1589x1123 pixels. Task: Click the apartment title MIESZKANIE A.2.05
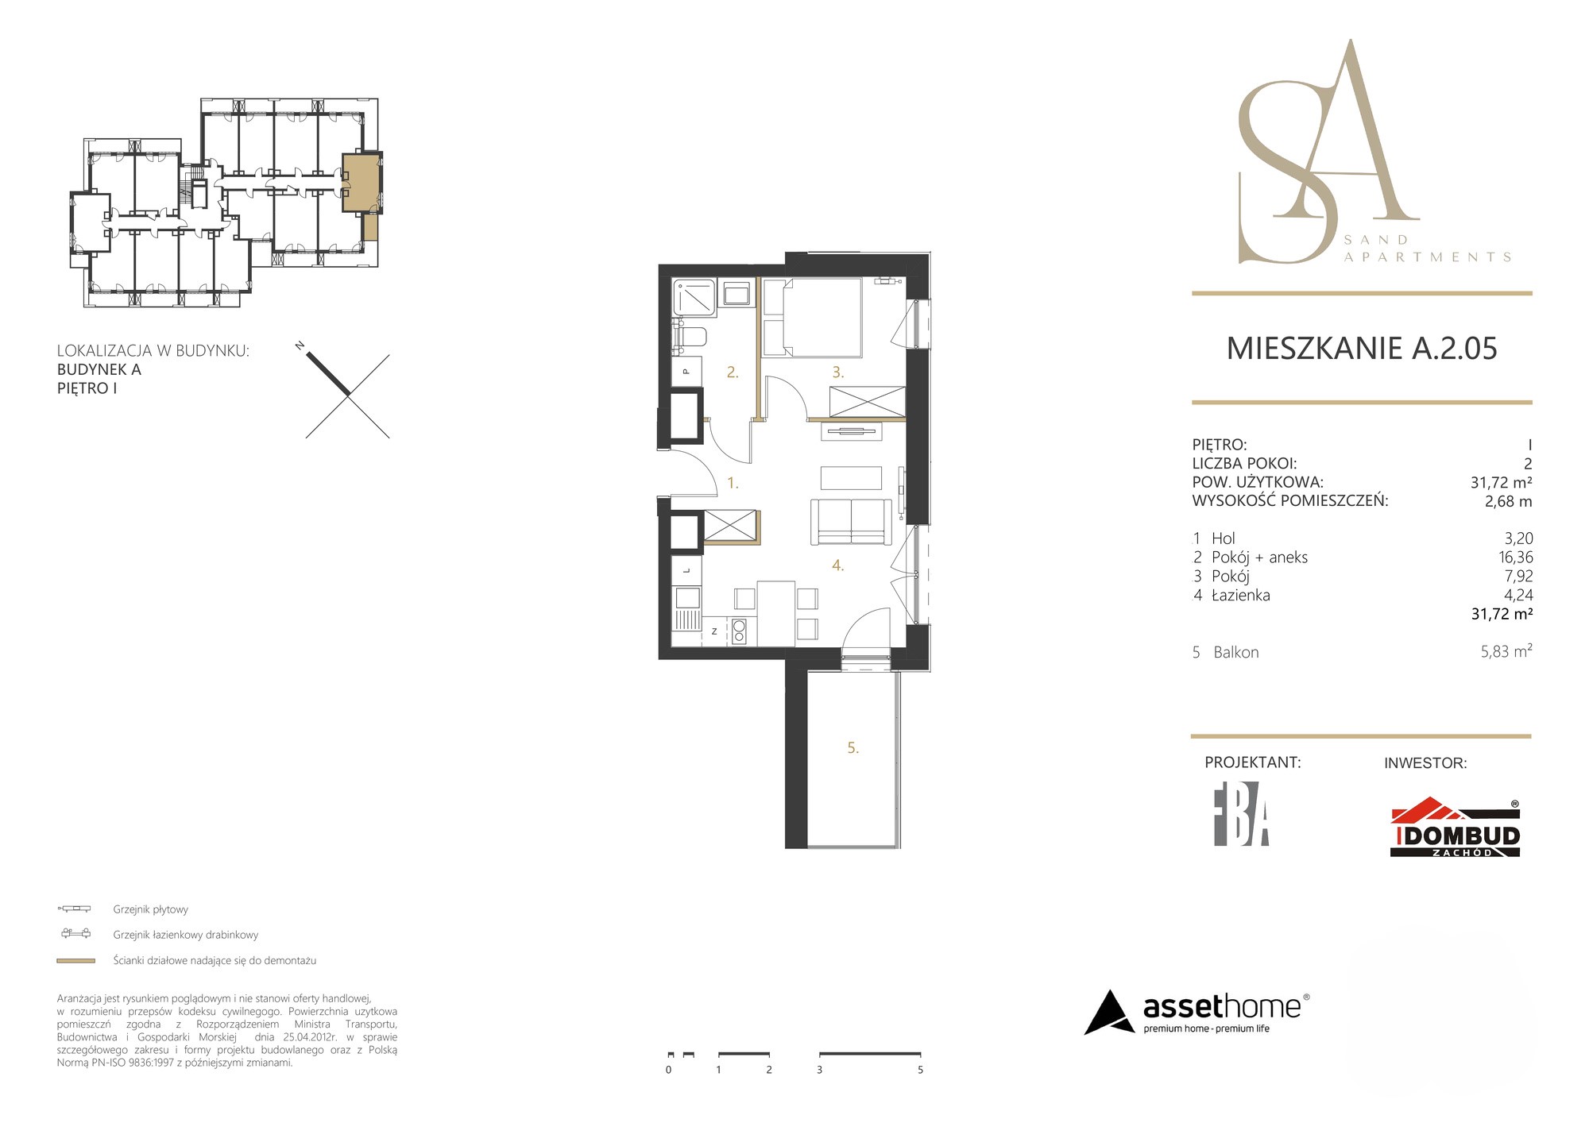coord(1362,349)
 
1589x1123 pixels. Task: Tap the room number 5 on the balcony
coord(852,748)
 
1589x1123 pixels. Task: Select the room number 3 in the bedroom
coord(837,372)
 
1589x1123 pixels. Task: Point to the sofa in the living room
coord(851,522)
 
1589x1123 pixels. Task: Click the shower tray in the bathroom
coord(694,298)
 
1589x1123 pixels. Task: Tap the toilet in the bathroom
coord(690,338)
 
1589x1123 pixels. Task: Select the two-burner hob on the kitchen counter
coord(739,631)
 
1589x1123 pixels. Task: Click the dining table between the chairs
coord(776,613)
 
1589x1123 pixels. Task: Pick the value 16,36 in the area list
coord(1516,558)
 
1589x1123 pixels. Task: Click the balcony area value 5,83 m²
coord(1506,651)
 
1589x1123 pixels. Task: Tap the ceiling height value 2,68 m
coord(1508,501)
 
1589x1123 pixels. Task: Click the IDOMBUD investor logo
coord(1456,828)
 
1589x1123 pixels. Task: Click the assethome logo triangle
coord(1109,1013)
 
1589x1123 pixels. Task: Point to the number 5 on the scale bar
coord(920,1070)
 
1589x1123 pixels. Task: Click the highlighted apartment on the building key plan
coord(361,182)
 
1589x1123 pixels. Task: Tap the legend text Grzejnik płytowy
coord(150,909)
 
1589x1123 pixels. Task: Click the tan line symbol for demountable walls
coord(75,961)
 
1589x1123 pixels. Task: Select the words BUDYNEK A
coord(99,369)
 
